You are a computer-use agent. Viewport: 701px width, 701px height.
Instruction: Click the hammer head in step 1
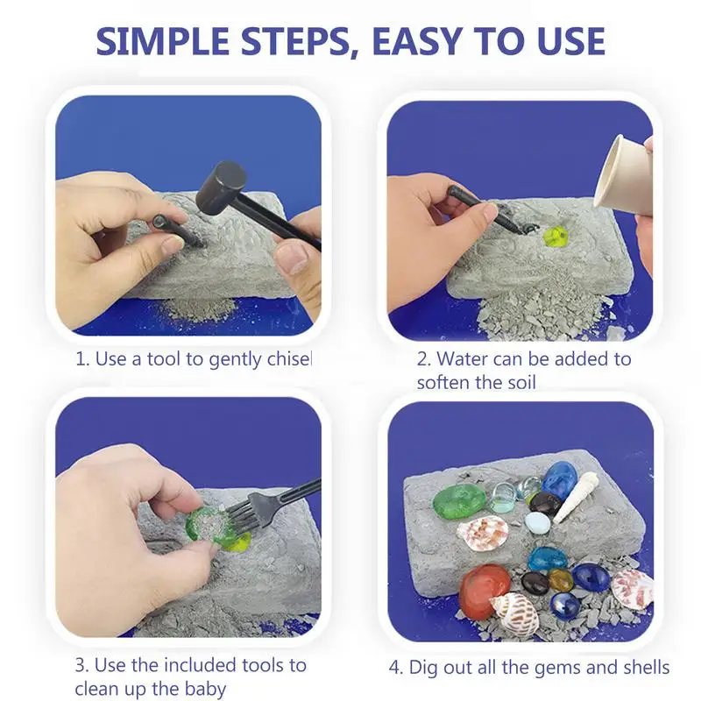click(222, 188)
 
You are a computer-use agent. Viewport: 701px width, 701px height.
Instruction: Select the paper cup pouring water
click(623, 174)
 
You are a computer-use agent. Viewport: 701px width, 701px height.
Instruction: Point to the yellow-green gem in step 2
click(556, 236)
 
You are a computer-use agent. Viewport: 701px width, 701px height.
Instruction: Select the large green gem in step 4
click(459, 501)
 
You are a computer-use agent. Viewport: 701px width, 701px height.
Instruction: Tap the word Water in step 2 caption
click(462, 359)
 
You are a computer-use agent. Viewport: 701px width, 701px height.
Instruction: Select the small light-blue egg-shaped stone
click(537, 522)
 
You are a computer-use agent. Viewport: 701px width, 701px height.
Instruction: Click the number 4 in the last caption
click(395, 668)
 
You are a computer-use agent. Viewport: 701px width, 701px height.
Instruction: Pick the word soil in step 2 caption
click(520, 383)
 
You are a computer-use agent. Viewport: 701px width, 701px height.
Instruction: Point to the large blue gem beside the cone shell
click(560, 478)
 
